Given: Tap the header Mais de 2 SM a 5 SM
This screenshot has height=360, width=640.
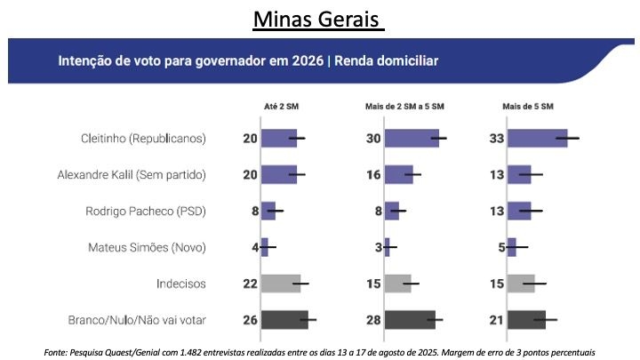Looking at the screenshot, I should [404, 107].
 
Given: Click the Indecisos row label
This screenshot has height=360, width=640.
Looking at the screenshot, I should [180, 284].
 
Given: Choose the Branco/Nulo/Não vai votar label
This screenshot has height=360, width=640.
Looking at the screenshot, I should [137, 320].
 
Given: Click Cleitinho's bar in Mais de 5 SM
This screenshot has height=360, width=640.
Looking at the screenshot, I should [538, 138].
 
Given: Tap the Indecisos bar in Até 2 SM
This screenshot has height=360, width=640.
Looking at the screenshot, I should [280, 284].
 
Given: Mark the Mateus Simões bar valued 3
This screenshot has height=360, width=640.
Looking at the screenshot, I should [387, 247].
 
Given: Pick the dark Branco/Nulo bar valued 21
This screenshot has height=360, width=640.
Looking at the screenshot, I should [527, 320].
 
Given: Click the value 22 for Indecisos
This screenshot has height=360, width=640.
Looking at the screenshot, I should [250, 284].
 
